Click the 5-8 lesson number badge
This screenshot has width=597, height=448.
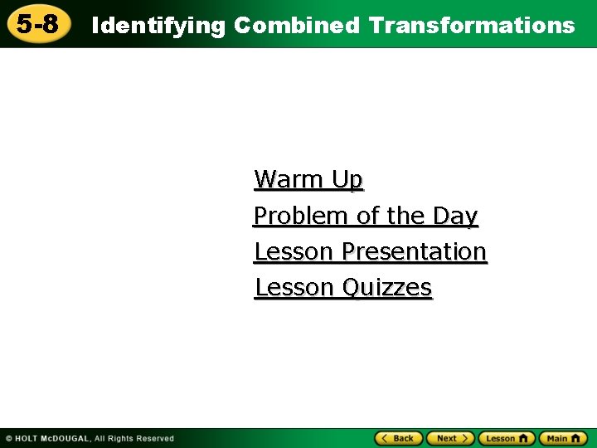[37, 24]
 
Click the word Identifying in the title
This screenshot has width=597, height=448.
[158, 26]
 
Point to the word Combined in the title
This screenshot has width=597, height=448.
[297, 26]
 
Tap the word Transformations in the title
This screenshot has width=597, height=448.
[472, 26]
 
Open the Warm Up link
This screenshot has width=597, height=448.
[308, 179]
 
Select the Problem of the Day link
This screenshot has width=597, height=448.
[366, 216]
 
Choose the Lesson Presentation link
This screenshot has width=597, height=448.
[370, 251]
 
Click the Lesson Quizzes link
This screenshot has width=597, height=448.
[343, 288]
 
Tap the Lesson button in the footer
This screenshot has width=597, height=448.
[506, 438]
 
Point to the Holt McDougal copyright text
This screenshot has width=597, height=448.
[90, 438]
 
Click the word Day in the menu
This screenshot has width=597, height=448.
[455, 216]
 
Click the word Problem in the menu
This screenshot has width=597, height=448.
[301, 216]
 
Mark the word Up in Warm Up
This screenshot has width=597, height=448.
[347, 179]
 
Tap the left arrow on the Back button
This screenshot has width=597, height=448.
[385, 438]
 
